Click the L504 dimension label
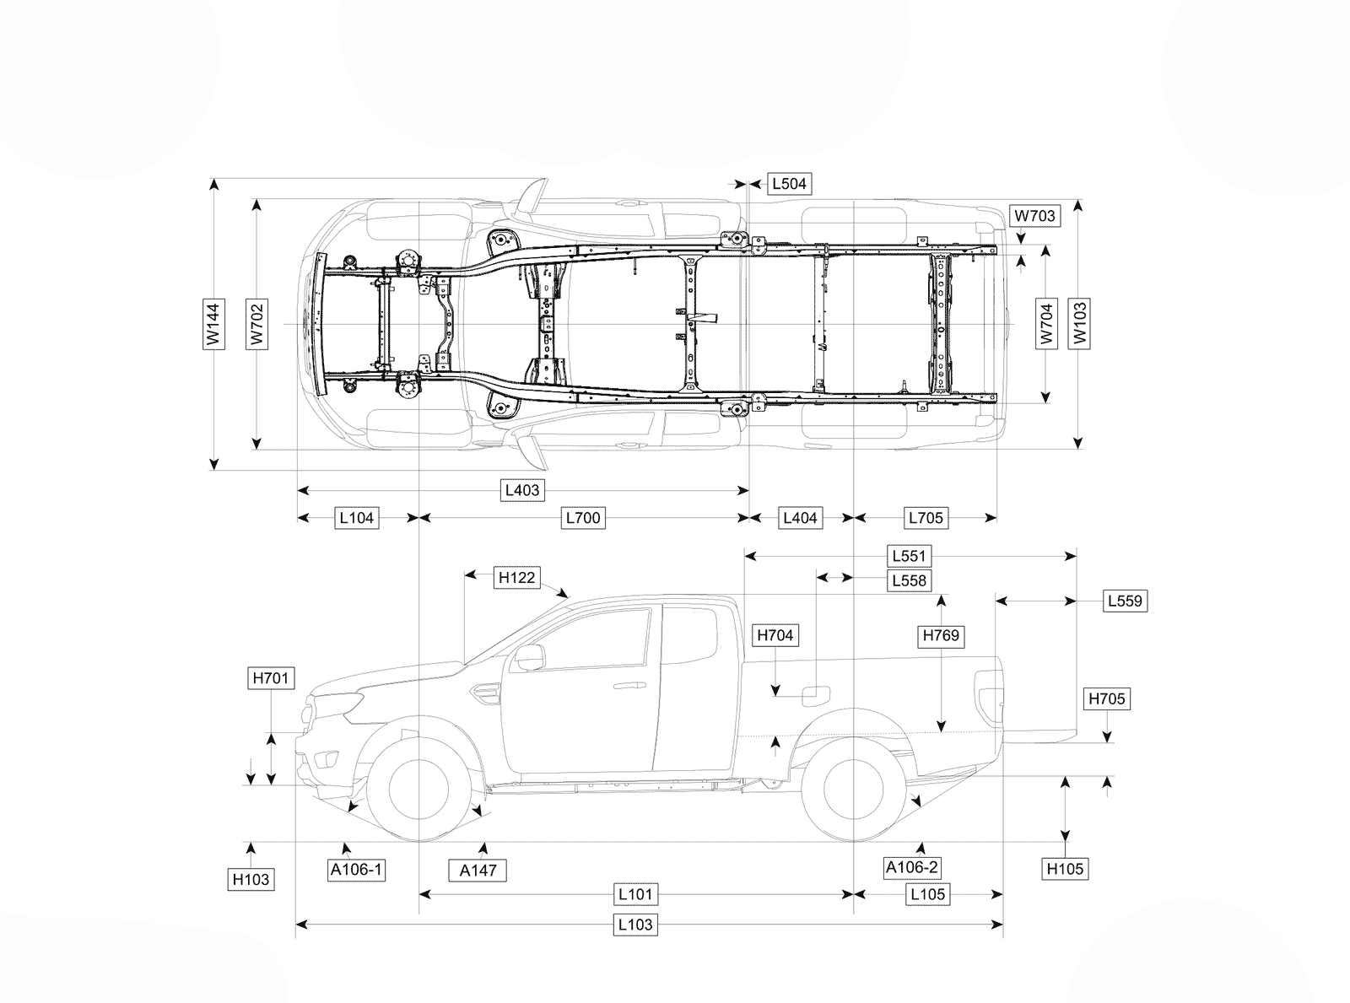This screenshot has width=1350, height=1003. click(789, 184)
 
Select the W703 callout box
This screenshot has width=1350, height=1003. click(1034, 216)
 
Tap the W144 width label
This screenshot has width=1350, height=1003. click(213, 324)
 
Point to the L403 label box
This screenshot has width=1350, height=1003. click(522, 490)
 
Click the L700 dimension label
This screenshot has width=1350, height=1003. click(583, 518)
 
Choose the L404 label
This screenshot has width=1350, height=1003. click(800, 518)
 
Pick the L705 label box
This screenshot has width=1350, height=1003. click(926, 518)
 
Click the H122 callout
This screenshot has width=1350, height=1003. click(516, 578)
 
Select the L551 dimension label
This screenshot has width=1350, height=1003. click(909, 556)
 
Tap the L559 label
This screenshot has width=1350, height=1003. click(1126, 601)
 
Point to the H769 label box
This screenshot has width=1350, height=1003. click(941, 635)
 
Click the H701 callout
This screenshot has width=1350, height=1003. click(271, 678)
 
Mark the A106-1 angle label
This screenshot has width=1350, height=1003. click(356, 870)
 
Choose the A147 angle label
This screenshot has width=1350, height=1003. click(478, 871)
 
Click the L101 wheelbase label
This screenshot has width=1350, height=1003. click(635, 895)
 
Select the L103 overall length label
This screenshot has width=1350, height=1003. click(635, 925)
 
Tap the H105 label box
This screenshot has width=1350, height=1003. click(1065, 869)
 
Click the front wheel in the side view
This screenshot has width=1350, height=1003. click(419, 790)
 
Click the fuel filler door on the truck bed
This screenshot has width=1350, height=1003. click(816, 696)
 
